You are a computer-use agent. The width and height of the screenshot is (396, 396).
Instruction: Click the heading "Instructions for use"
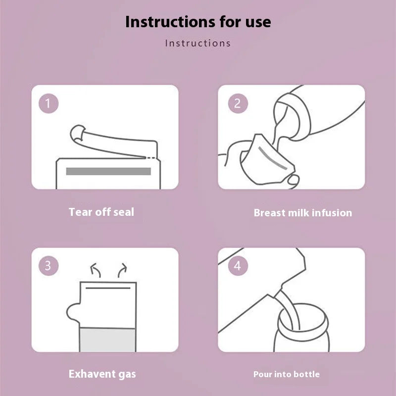pyautogui.click(x=198, y=22)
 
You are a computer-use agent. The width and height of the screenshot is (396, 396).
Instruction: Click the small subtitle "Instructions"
pyautogui.click(x=198, y=43)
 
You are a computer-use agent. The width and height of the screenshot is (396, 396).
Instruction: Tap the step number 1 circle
pyautogui.click(x=48, y=103)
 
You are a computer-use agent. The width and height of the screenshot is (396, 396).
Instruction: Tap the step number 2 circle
pyautogui.click(x=237, y=103)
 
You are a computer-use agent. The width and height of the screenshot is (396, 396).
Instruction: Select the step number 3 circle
pyautogui.click(x=48, y=266)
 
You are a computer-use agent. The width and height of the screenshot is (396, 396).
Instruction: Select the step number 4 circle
pyautogui.click(x=237, y=266)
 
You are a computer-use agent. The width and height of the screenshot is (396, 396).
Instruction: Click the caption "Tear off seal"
pyautogui.click(x=101, y=212)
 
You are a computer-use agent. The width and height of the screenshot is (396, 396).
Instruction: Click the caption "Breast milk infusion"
pyautogui.click(x=302, y=213)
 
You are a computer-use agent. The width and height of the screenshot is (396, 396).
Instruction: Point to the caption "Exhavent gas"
pyautogui.click(x=102, y=374)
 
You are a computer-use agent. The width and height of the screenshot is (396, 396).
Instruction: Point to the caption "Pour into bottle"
pyautogui.click(x=286, y=374)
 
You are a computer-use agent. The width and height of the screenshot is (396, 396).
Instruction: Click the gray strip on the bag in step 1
pyautogui.click(x=108, y=171)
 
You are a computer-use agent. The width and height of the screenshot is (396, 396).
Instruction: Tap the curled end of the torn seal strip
pyautogui.click(x=77, y=133)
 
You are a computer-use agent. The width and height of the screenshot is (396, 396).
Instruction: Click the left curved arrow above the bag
pyautogui.click(x=94, y=270)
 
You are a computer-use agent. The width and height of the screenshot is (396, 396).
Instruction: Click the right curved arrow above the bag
pyautogui.click(x=121, y=270)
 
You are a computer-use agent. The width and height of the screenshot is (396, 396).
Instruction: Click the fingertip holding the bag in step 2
pyautogui.click(x=294, y=179)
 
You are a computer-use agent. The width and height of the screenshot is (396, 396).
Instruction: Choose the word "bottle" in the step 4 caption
pyautogui.click(x=305, y=374)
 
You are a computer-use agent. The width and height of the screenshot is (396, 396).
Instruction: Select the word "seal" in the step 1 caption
pyautogui.click(x=123, y=212)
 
